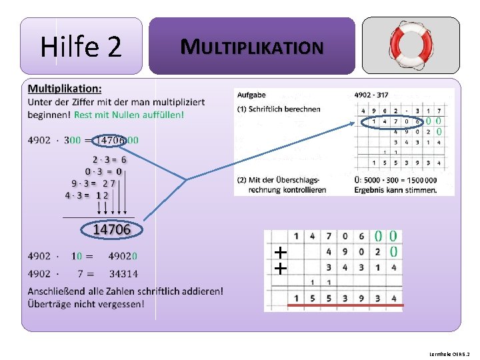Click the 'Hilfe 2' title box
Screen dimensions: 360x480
coord(81,46)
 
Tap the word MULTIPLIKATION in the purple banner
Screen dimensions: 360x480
coord(252,47)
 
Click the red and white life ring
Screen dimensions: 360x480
coord(411,45)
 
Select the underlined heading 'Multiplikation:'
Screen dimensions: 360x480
coord(65,88)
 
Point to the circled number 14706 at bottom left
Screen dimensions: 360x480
coord(111,229)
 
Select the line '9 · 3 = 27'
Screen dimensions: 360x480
coord(94,183)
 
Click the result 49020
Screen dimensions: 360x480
coord(123,256)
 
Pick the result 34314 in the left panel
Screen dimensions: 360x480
coord(123,273)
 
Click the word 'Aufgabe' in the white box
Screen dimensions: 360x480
coord(251,95)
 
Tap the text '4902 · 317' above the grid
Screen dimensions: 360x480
coord(371,95)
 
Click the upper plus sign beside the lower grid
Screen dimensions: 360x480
coord(281,253)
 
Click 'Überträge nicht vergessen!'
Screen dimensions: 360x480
coord(86,304)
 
